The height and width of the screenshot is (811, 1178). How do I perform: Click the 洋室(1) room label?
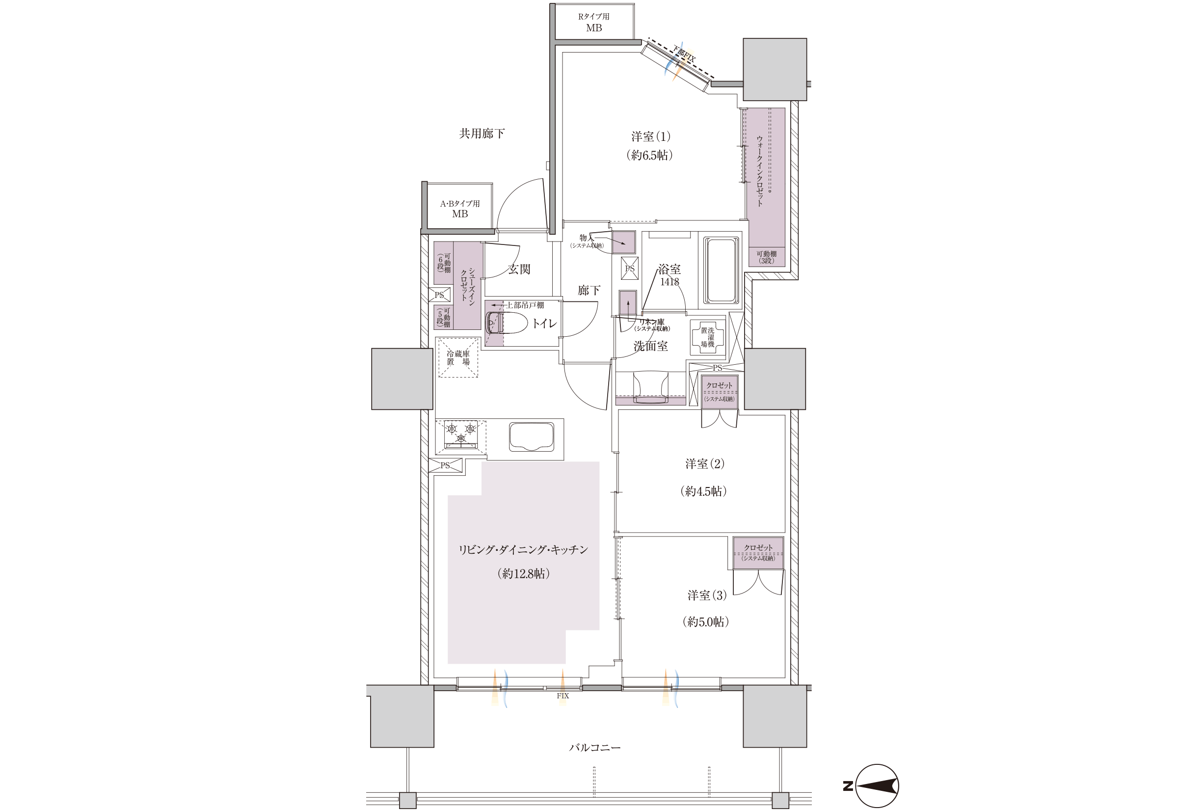pyautogui.click(x=651, y=136)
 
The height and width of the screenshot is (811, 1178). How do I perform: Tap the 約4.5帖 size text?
pyautogui.click(x=703, y=491)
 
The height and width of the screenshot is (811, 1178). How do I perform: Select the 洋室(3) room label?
pyautogui.click(x=707, y=595)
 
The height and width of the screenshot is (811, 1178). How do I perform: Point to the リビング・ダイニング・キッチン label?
pyautogui.click(x=523, y=550)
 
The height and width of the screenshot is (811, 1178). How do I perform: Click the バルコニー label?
pyautogui.click(x=594, y=748)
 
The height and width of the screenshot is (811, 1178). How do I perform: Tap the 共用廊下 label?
pyautogui.click(x=482, y=134)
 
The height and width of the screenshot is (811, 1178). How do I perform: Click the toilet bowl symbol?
pyautogui.click(x=500, y=323)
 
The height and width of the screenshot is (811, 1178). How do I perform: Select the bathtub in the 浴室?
pyautogui.click(x=722, y=271)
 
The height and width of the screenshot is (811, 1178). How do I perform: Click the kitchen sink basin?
pyautogui.click(x=532, y=436)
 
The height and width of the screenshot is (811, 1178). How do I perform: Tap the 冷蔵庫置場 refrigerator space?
pyautogui.click(x=458, y=357)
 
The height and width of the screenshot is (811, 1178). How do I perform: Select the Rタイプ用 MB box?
pyautogui.click(x=594, y=21)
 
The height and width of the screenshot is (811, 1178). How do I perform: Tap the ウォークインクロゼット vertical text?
pyautogui.click(x=760, y=171)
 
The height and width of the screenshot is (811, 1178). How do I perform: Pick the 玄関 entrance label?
pyautogui.click(x=519, y=269)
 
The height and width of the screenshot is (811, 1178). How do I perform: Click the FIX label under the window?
pyautogui.click(x=563, y=696)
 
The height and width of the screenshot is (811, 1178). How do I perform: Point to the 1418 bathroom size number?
pyautogui.click(x=669, y=281)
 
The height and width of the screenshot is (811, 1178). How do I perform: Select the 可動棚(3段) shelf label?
pyautogui.click(x=766, y=257)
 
